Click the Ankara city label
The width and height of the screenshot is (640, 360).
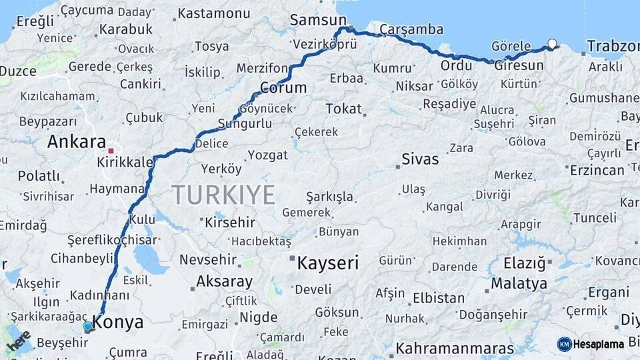pos(77,142)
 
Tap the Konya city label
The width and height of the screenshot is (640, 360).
pos(118,323)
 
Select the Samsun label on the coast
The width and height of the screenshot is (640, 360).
pos(318,20)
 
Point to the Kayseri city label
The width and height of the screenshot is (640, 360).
pos(327,262)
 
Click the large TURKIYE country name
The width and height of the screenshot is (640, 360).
pos(223,195)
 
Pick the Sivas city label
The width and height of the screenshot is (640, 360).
pos(420,159)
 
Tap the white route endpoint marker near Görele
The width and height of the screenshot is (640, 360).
pos(551,45)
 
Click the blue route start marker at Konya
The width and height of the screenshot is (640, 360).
pos(87,327)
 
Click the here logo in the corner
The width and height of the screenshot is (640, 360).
pos(18,341)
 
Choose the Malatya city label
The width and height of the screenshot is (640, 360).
pos(519,283)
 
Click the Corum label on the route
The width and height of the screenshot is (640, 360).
pos(283,88)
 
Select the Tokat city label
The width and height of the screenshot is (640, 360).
pos(343,108)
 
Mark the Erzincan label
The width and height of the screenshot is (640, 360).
pos(597,170)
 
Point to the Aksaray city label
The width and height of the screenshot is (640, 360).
pos(225,281)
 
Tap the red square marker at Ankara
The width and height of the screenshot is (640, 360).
pos(111,151)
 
